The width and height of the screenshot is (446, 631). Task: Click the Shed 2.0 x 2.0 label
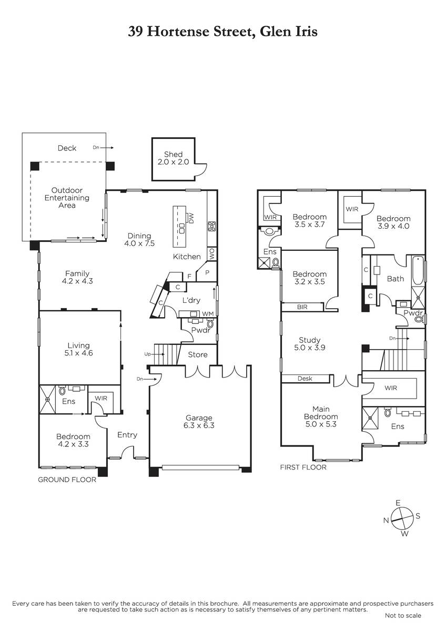[x=173, y=158]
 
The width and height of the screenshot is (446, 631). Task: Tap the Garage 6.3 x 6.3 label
[x=199, y=421]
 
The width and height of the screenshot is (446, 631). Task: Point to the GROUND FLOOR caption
[x=67, y=480]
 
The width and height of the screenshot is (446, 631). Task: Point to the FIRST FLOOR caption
[x=303, y=467]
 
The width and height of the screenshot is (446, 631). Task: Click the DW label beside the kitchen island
[x=191, y=218]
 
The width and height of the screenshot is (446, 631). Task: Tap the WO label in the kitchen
[x=212, y=254]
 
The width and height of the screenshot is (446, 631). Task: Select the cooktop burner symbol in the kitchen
[x=211, y=226]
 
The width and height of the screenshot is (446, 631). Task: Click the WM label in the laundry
[x=208, y=314]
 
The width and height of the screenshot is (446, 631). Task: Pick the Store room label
[x=198, y=354]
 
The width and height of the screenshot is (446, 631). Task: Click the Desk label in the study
[x=305, y=378]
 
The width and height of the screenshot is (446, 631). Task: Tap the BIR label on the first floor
[x=302, y=307]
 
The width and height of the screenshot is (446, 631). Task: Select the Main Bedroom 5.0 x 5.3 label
[x=321, y=416]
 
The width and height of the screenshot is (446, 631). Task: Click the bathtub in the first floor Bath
[x=418, y=270]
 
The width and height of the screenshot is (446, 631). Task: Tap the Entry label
[x=127, y=435]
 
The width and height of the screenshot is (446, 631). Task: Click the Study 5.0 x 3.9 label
[x=310, y=344]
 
